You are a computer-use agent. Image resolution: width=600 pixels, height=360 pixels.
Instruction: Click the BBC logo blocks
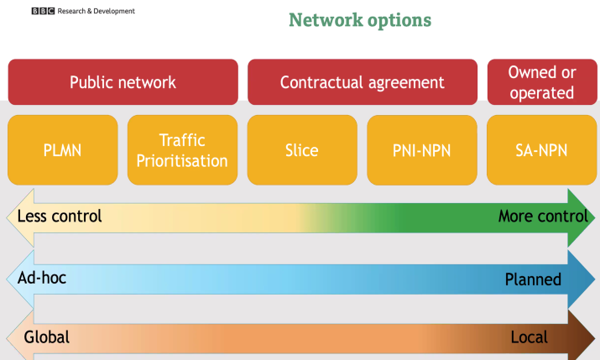click(x=43, y=11)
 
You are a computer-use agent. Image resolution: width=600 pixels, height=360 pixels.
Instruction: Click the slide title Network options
click(x=360, y=20)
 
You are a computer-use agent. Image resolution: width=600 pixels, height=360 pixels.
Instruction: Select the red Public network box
click(x=123, y=82)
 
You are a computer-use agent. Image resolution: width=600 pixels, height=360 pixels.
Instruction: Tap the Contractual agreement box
click(x=363, y=82)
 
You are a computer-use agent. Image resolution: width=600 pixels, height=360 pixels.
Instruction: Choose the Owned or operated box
click(x=542, y=82)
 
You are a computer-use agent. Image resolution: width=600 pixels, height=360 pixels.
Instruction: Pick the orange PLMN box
click(x=63, y=150)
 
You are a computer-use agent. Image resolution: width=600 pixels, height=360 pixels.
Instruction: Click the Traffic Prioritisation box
click(x=183, y=150)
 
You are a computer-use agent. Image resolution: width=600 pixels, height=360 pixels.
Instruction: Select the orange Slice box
click(x=302, y=150)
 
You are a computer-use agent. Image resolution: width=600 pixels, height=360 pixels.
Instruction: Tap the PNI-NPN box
click(x=422, y=150)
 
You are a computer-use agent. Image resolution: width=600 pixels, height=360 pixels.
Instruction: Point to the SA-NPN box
click(x=542, y=150)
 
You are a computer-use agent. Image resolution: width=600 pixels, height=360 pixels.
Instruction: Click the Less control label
click(x=60, y=217)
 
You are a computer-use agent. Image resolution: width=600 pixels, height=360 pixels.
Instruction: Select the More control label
click(x=543, y=217)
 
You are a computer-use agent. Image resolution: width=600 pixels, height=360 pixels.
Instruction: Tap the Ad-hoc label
click(x=42, y=278)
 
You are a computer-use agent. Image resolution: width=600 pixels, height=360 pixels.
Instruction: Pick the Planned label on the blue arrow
click(x=533, y=279)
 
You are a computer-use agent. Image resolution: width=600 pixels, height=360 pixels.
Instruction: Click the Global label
click(x=47, y=337)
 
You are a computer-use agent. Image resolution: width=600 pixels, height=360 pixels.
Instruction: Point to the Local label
click(x=530, y=337)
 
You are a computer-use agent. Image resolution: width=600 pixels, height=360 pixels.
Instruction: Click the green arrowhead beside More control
click(x=582, y=217)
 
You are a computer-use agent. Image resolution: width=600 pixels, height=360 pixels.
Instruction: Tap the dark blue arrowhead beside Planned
click(x=582, y=279)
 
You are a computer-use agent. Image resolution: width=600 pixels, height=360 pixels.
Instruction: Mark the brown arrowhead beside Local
click(x=582, y=337)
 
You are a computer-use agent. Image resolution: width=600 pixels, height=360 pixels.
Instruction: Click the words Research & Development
click(x=96, y=11)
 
